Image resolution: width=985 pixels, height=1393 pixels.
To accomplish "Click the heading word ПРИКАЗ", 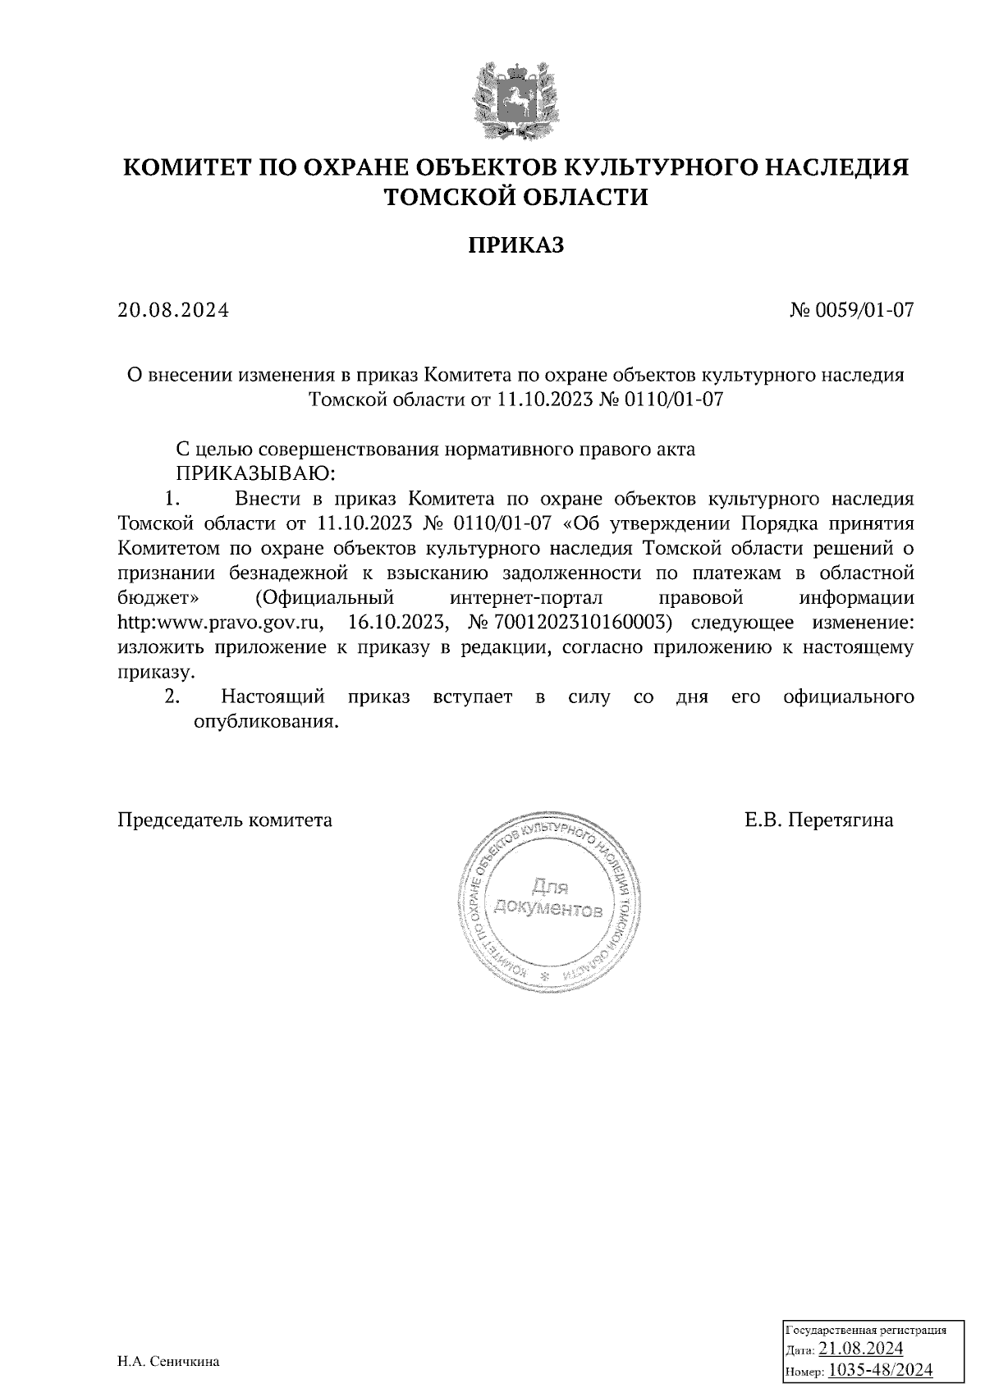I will (516, 245).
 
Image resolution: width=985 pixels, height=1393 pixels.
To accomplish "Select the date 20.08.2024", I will (173, 311).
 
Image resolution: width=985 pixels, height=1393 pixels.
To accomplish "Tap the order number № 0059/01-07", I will (851, 311).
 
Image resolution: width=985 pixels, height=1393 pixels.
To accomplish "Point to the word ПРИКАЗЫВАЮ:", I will (255, 474).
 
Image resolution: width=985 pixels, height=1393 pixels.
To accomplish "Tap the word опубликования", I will (266, 722).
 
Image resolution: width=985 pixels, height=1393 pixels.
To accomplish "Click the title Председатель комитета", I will (225, 820).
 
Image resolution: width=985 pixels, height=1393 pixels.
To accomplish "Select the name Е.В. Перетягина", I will (819, 820).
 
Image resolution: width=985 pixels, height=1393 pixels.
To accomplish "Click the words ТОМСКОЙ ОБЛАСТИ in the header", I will (516, 197).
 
